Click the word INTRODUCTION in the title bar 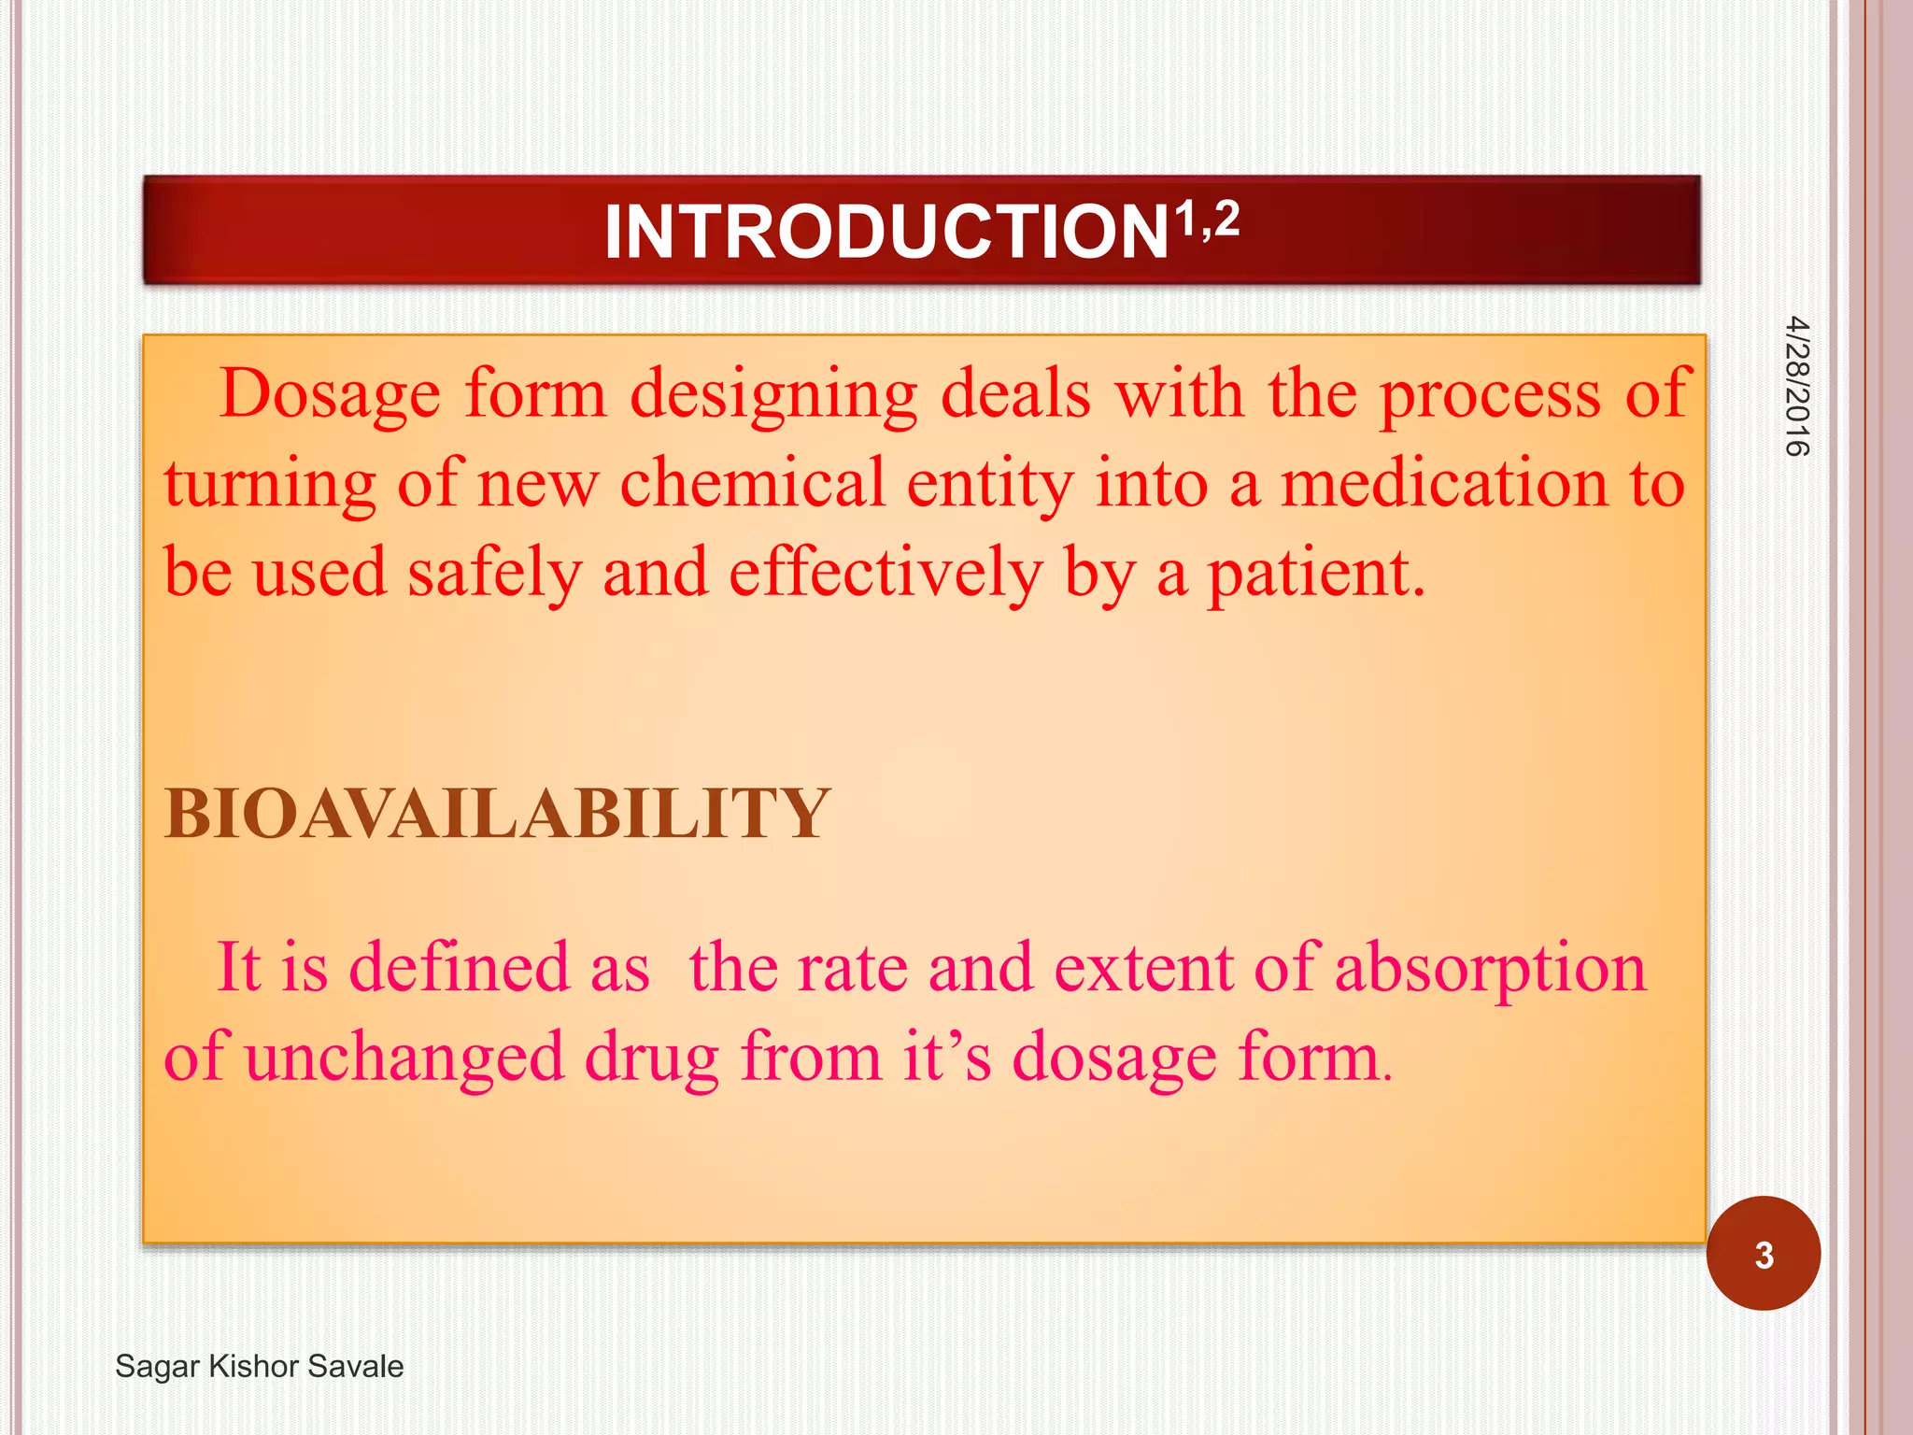point(886,233)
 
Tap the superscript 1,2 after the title point(1207,221)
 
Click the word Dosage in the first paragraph point(330,394)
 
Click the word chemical point(752,483)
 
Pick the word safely point(494,573)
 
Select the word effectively point(885,573)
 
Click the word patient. point(1316,573)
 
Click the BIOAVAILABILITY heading point(497,814)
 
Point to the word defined point(459,967)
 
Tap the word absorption point(1490,969)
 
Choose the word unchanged point(405,1058)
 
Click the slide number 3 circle point(1763,1254)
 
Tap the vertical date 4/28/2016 point(1796,387)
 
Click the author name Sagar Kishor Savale point(260,1366)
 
